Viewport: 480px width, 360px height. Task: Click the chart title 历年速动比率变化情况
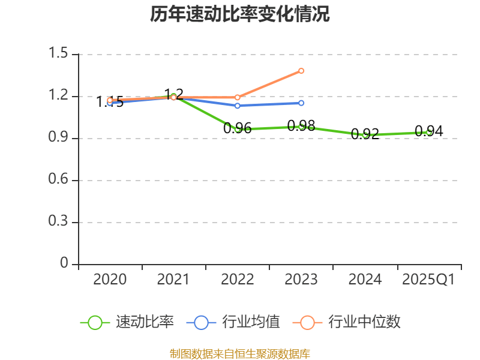point(240,14)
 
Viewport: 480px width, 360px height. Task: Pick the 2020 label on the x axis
point(110,280)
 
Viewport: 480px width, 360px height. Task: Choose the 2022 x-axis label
point(238,280)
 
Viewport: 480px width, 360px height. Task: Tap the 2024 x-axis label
point(365,280)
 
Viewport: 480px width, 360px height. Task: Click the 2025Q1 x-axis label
point(428,280)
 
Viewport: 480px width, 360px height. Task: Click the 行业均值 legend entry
point(251,322)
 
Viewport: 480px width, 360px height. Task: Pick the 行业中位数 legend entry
point(364,322)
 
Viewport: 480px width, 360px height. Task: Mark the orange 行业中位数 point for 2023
point(301,71)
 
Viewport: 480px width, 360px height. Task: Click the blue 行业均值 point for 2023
point(301,103)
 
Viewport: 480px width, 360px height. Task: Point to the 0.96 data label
point(238,128)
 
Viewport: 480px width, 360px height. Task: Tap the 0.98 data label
point(301,126)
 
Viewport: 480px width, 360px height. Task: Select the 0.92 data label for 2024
point(365,134)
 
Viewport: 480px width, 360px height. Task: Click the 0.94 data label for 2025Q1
point(428,131)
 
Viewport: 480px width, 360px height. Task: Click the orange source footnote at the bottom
point(240,353)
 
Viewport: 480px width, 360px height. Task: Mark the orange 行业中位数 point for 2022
point(238,97)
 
